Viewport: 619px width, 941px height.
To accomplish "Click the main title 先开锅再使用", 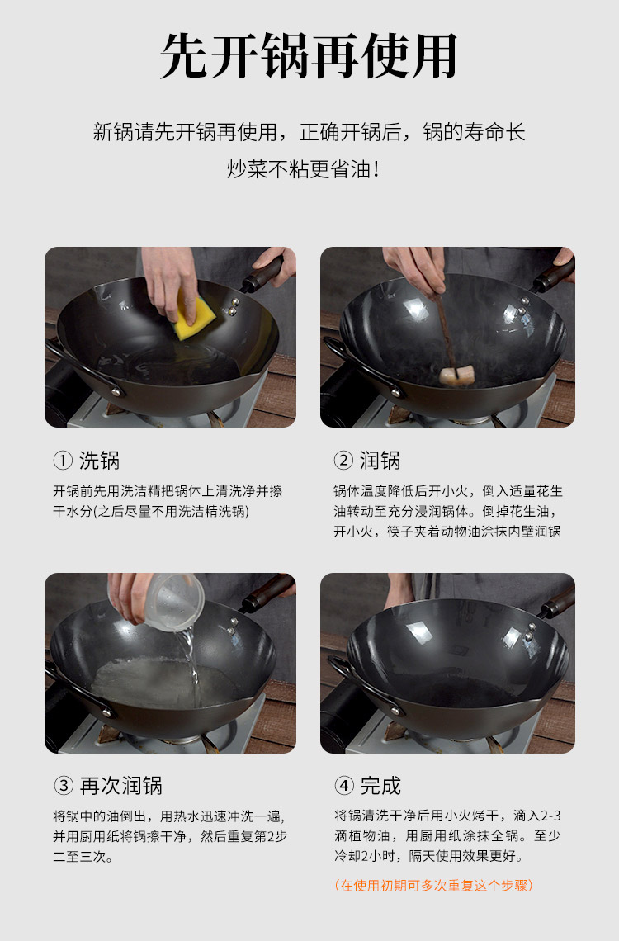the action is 309,56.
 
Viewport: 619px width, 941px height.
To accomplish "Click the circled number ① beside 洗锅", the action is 63,461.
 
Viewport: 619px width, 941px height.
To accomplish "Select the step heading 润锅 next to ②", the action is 380,461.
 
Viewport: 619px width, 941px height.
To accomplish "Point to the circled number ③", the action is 63,786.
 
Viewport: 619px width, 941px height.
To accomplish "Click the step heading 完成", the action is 380,786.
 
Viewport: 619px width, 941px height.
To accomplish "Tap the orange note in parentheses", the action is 433,885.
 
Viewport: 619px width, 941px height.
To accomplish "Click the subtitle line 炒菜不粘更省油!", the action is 303,169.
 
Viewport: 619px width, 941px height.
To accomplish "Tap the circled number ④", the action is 343,786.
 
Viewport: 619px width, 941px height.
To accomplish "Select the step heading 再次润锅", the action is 120,786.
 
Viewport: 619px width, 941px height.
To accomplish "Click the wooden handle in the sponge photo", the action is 262,275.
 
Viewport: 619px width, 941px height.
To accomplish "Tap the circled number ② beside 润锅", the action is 343,461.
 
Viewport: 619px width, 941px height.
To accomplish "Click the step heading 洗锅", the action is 100,461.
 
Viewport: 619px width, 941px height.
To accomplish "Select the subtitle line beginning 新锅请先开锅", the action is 309,132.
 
